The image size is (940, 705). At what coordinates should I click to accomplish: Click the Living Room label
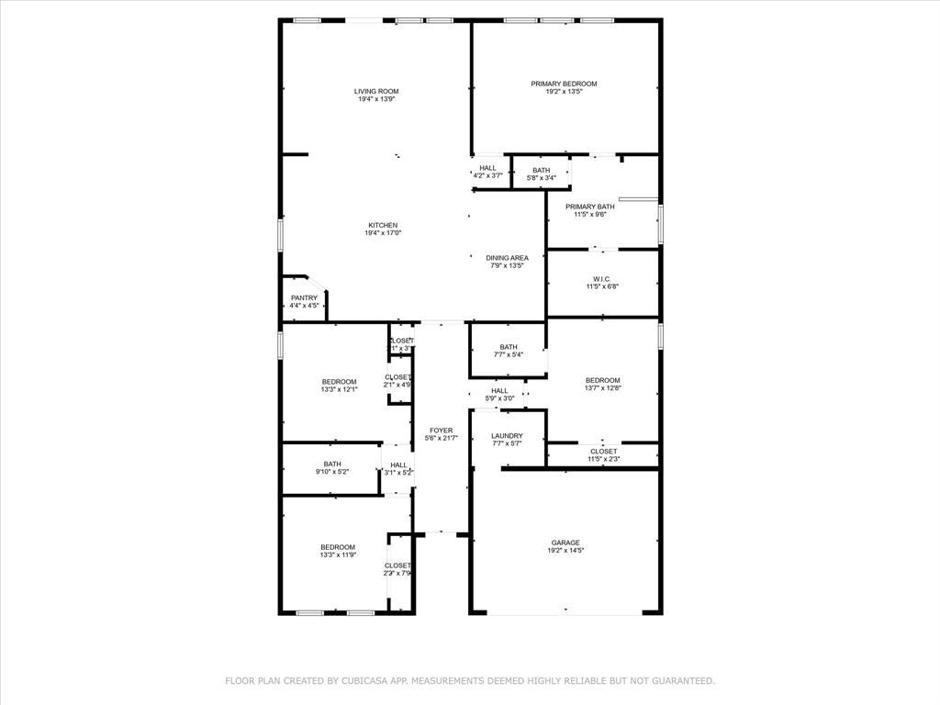coord(376,91)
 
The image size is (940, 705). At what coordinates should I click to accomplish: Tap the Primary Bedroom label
coord(564,84)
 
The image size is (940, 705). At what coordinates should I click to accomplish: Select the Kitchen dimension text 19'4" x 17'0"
coord(383,233)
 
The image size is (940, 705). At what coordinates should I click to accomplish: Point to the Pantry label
coord(304,297)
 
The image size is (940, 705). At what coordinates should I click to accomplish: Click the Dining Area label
coord(507,258)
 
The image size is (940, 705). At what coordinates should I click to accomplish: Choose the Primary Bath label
coord(589,207)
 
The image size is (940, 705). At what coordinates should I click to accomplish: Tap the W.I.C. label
coord(601,279)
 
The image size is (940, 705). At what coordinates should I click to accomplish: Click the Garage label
coord(565,543)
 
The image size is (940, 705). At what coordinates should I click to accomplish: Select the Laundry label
coord(507,436)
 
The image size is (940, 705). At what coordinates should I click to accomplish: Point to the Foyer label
coord(441,430)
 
